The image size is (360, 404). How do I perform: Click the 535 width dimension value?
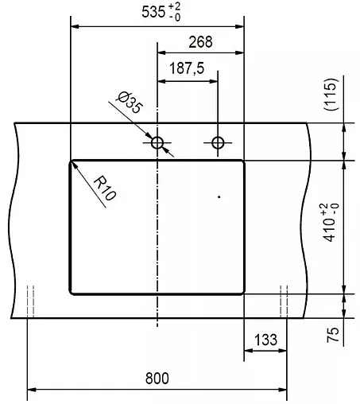click(x=148, y=11)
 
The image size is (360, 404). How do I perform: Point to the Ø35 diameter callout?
click(x=129, y=103)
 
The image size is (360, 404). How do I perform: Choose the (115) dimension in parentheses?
click(x=332, y=95)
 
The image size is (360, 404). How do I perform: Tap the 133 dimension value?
click(x=265, y=340)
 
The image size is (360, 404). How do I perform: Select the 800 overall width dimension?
click(x=157, y=379)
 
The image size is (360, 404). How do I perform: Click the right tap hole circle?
click(x=218, y=142)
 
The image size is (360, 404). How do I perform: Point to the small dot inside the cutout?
click(x=218, y=196)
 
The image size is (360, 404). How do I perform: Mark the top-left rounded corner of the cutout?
click(x=73, y=162)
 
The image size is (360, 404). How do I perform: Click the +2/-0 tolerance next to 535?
click(x=174, y=11)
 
